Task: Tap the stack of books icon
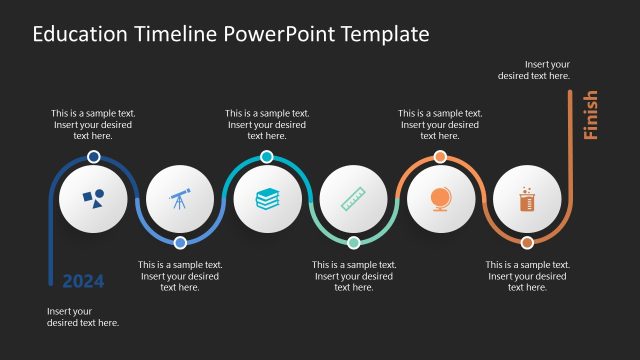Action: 267,199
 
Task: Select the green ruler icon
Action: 353,199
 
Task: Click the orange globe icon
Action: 440,199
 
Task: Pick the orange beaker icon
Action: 526,199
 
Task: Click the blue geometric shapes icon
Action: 93,199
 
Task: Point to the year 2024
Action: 83,281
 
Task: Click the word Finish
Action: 590,115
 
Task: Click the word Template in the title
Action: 386,34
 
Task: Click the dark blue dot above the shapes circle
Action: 93,157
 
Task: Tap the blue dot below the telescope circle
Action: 180,242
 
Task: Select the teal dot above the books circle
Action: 267,157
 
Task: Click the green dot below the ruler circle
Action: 353,242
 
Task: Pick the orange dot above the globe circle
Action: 440,157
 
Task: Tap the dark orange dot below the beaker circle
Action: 527,242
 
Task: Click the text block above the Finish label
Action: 534,69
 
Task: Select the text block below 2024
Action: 83,317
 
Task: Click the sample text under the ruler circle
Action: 354,276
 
